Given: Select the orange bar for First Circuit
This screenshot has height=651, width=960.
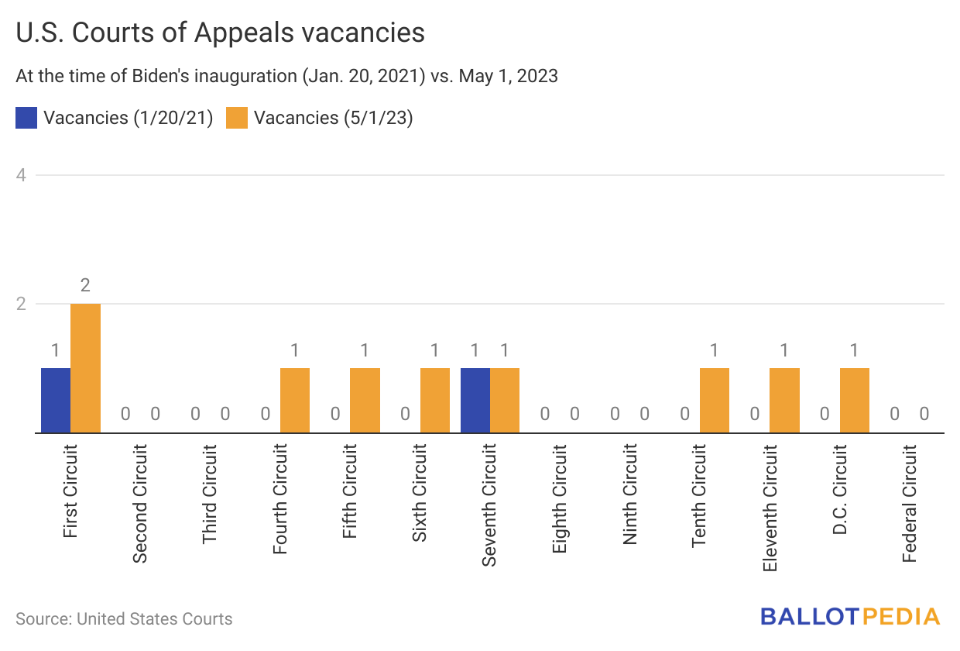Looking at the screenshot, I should [x=85, y=368].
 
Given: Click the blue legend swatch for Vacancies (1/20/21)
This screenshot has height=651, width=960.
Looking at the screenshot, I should [x=26, y=118].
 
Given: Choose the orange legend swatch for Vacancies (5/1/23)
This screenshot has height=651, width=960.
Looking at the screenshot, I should [x=237, y=118].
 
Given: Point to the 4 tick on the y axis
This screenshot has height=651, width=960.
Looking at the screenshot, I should [x=22, y=175].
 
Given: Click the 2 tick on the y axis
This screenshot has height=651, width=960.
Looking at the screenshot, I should [x=22, y=304].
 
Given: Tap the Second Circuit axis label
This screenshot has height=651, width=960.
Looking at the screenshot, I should [x=140, y=504].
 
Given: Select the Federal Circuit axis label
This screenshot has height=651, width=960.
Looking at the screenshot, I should [x=910, y=504].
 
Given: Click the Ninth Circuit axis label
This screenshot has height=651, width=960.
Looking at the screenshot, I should [x=630, y=494].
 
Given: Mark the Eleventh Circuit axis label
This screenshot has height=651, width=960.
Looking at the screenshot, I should [x=770, y=508].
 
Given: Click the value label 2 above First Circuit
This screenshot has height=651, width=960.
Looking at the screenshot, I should [x=85, y=285].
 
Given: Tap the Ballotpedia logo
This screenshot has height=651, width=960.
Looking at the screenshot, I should [x=849, y=617].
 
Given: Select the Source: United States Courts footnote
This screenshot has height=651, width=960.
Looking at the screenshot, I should [x=124, y=618].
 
